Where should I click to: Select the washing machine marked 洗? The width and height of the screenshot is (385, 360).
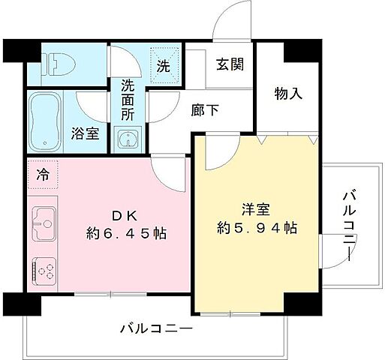tap(165, 64)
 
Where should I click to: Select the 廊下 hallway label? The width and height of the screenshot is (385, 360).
tap(205, 110)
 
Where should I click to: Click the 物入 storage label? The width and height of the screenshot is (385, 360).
tap(287, 94)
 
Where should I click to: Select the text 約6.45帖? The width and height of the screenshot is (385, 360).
tap(125, 233)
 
